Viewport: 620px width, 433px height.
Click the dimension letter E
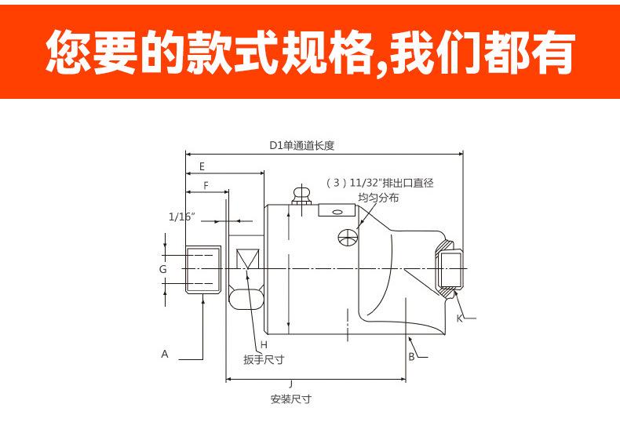click(x=202, y=166)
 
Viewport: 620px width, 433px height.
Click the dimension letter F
click(x=206, y=186)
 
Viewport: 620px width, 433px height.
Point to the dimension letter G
click(x=163, y=269)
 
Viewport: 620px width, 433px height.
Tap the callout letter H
click(x=264, y=345)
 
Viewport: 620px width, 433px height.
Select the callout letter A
click(x=165, y=354)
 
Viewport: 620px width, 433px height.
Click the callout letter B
click(x=410, y=357)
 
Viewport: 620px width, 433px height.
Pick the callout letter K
click(x=459, y=318)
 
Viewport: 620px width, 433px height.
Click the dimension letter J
click(x=290, y=384)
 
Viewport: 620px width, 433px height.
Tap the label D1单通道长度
click(x=302, y=145)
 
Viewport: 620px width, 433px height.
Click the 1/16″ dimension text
click(x=181, y=216)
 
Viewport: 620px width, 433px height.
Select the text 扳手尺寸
click(x=264, y=360)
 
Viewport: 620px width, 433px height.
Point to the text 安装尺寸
click(x=291, y=398)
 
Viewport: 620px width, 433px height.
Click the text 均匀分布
click(x=378, y=198)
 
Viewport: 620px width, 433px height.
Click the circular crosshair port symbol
click(x=347, y=238)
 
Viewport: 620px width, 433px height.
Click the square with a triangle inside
click(x=247, y=260)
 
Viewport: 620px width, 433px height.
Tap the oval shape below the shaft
click(x=246, y=297)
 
